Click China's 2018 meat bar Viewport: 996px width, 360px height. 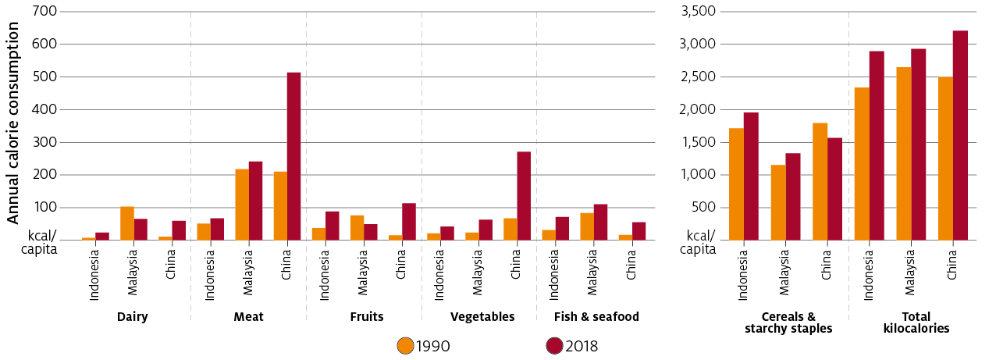[293, 156]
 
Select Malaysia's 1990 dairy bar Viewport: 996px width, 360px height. [127, 223]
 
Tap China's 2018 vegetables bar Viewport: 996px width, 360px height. [524, 196]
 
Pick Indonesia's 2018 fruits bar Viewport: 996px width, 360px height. [333, 226]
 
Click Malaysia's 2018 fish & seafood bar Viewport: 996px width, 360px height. [600, 223]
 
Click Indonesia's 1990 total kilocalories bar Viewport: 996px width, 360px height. [862, 164]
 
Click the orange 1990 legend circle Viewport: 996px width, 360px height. [405, 345]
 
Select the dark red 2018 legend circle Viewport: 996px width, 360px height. [554, 345]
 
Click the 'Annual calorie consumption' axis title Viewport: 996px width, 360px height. [13, 123]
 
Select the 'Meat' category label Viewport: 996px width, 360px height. [248, 317]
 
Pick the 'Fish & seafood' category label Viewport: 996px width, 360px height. [596, 317]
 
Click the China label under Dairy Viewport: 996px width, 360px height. [171, 263]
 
